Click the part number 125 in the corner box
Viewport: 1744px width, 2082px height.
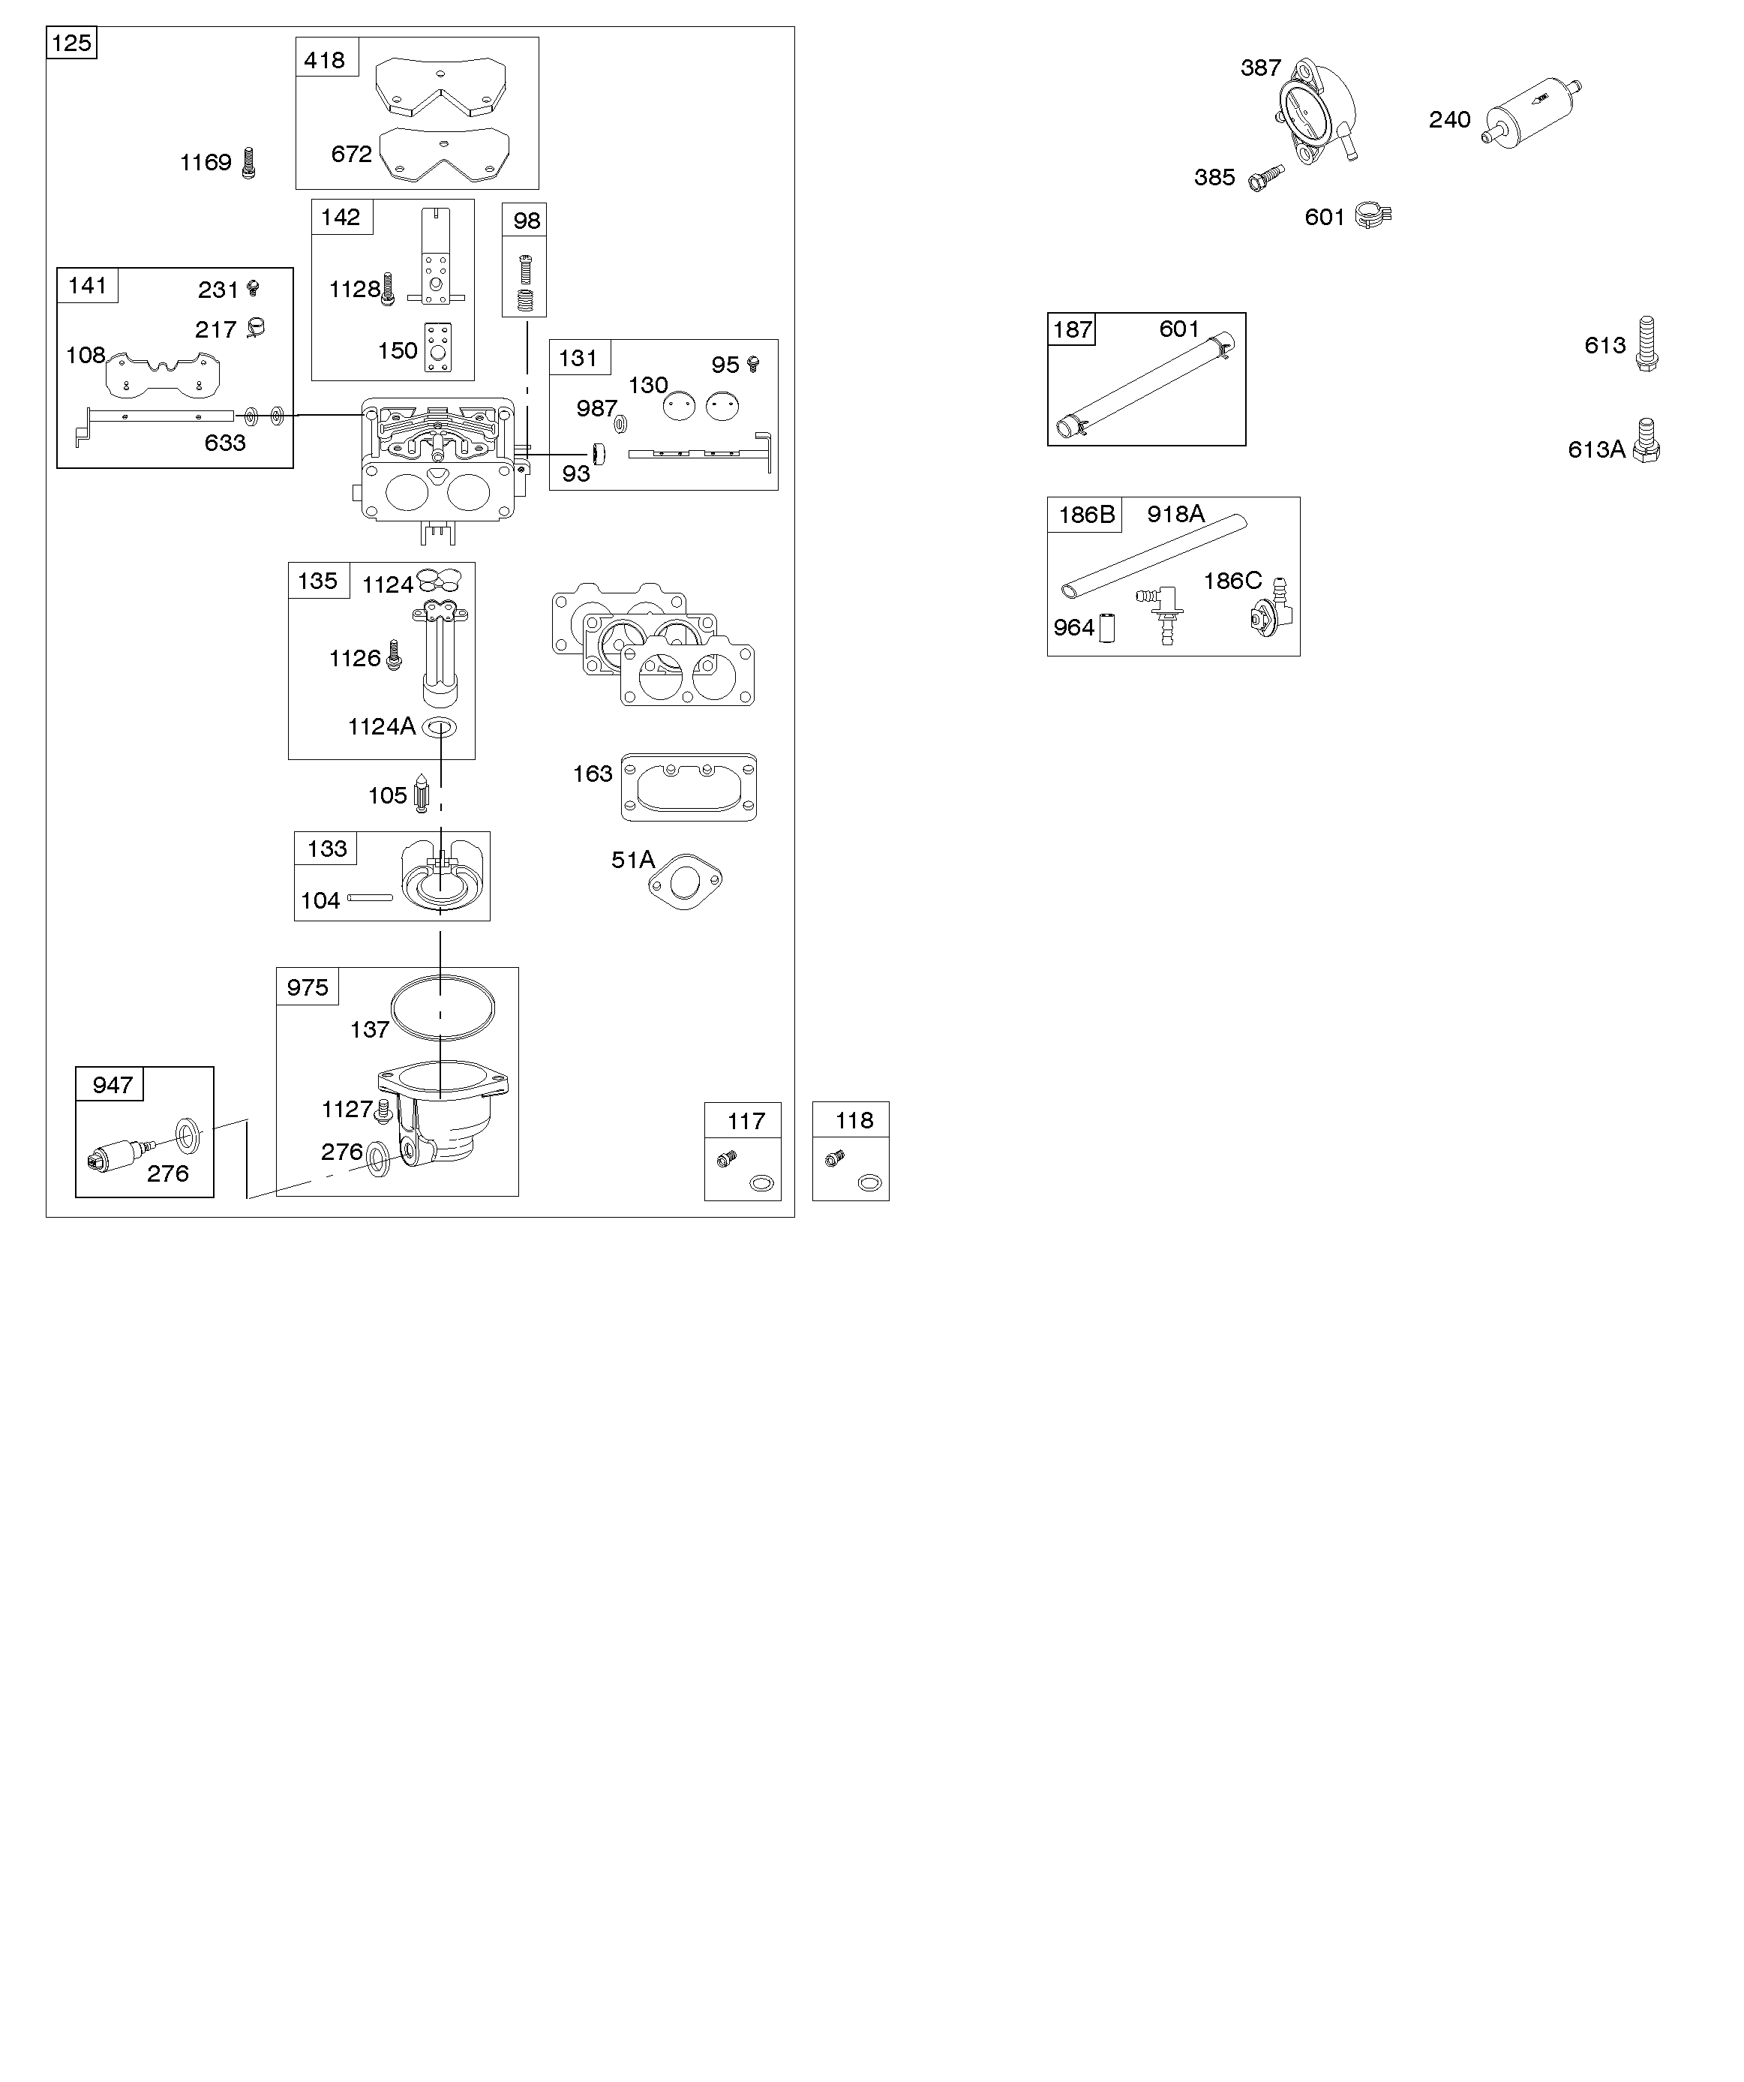[71, 43]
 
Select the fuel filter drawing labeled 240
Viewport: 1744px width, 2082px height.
[1531, 111]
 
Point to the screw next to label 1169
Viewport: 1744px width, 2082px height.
[249, 163]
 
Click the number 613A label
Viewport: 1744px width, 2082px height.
[1595, 450]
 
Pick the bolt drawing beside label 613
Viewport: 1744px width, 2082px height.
[1646, 344]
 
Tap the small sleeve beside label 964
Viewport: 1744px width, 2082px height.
[1107, 627]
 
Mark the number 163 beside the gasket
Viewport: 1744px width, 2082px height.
[592, 774]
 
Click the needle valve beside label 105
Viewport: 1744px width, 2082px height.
[422, 793]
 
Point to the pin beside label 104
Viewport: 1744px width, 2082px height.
[370, 898]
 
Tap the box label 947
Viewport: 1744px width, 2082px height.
[112, 1085]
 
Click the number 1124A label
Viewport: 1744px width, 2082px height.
[381, 727]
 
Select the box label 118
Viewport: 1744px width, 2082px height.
[854, 1120]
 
